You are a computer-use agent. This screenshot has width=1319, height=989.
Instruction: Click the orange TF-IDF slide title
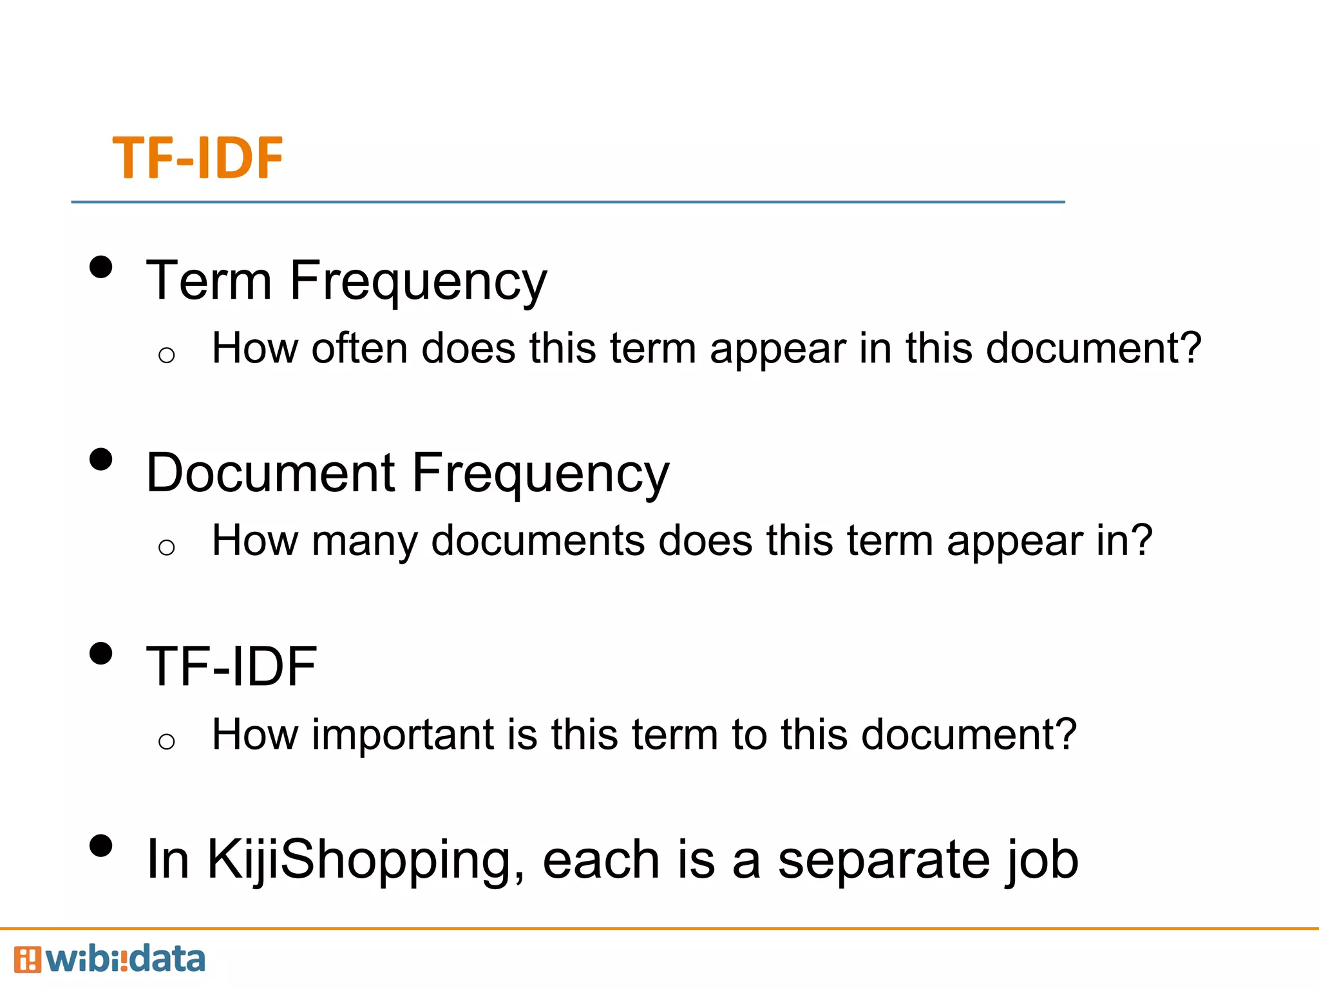point(198,158)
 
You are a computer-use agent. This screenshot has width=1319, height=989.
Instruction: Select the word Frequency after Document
point(540,473)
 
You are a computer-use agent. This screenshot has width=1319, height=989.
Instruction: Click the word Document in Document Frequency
point(270,473)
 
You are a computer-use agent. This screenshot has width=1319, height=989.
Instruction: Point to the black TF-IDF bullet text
point(231,666)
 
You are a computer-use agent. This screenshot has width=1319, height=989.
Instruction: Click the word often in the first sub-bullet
point(359,348)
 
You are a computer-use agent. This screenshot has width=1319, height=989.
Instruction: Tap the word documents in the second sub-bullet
point(538,541)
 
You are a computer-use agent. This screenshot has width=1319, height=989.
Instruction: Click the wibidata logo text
point(126,959)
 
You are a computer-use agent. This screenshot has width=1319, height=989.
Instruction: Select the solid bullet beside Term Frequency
point(101,267)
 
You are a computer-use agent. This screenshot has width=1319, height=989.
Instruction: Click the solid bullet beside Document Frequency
point(101,460)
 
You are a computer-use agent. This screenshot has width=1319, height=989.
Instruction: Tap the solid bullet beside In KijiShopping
point(101,846)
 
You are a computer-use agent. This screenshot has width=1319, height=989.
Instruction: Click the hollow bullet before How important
point(166,742)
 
